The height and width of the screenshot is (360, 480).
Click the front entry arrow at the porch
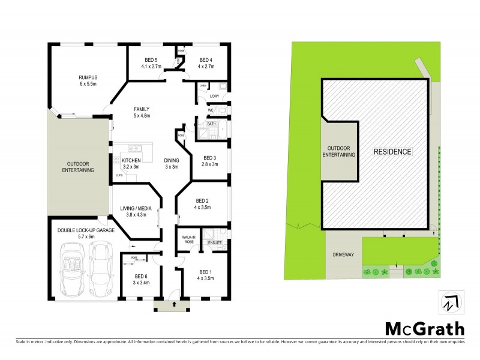tap(174, 304)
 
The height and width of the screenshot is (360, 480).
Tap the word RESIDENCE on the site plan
tap(393, 152)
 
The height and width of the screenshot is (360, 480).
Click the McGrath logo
tap(424, 328)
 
